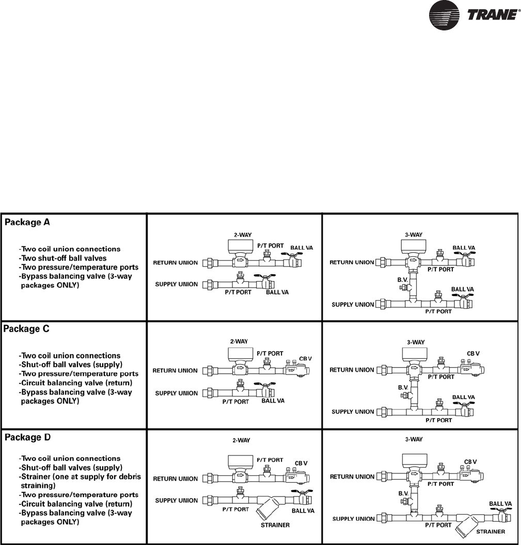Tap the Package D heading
tap(29, 437)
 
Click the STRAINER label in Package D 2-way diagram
tap(275, 525)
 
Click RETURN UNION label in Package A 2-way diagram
tap(176, 263)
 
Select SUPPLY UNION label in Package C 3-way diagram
tap(352, 411)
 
